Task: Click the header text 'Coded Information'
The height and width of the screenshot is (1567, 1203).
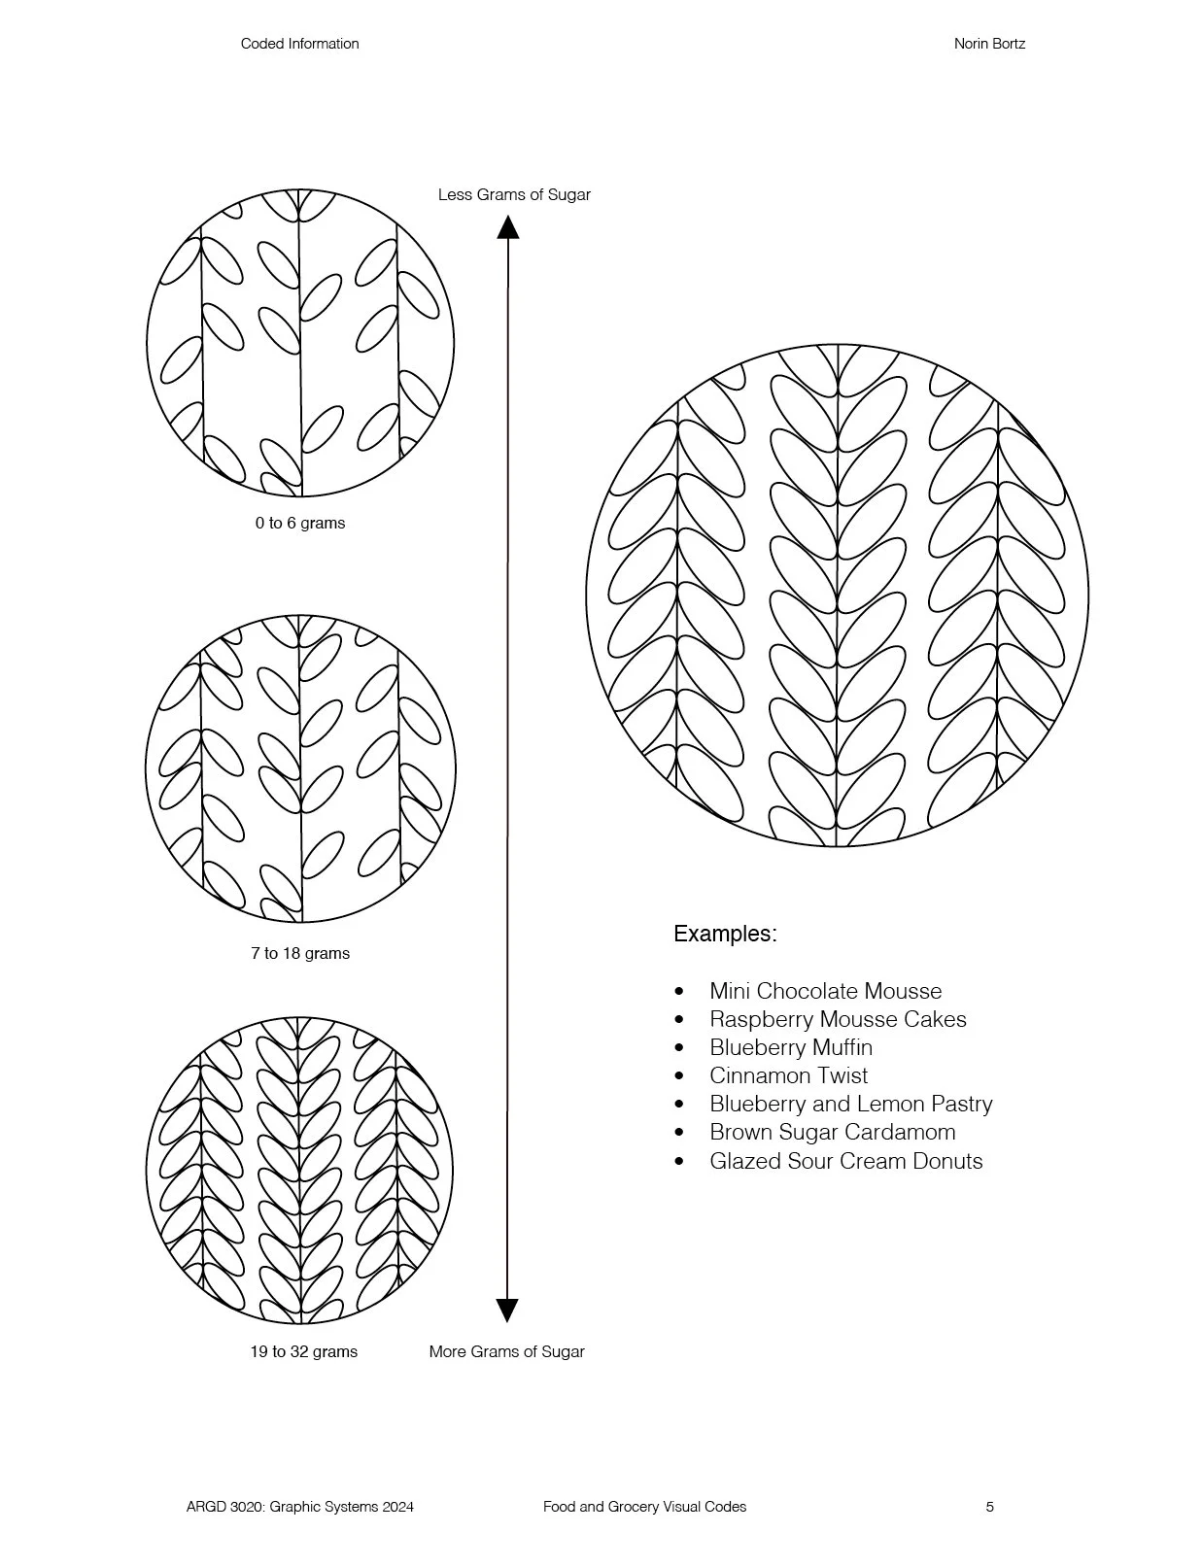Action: point(299,44)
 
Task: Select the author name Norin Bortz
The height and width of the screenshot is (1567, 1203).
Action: point(989,44)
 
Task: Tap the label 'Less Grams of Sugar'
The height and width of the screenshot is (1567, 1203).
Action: point(514,194)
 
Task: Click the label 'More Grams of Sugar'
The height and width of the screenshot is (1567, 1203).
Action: point(506,1351)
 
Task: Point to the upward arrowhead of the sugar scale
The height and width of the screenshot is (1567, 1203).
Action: point(507,227)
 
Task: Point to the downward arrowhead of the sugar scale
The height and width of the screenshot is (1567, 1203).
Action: point(507,1310)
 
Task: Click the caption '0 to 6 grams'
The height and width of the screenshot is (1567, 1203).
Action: point(300,523)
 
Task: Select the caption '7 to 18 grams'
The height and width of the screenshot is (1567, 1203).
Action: point(300,953)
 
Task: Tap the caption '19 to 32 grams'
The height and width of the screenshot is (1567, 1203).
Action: point(303,1351)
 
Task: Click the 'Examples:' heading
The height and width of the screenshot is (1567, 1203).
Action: point(725,934)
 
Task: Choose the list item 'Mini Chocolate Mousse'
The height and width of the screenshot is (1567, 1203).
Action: point(825,991)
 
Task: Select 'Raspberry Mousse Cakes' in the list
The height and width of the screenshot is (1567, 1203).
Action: point(838,1019)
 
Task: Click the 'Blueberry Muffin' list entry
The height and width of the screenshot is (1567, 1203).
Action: point(791,1047)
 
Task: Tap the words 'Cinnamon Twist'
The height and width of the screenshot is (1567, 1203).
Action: point(788,1075)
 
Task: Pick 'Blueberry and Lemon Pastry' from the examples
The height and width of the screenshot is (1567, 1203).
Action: point(850,1104)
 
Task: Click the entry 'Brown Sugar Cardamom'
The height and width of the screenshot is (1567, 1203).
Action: point(832,1132)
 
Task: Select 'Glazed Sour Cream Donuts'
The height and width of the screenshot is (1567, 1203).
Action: point(845,1161)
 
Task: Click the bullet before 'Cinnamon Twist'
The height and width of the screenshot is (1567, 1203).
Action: point(679,1076)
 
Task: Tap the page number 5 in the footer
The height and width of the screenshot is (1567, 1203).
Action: point(990,1507)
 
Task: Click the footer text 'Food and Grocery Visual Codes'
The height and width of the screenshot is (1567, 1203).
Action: point(644,1507)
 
